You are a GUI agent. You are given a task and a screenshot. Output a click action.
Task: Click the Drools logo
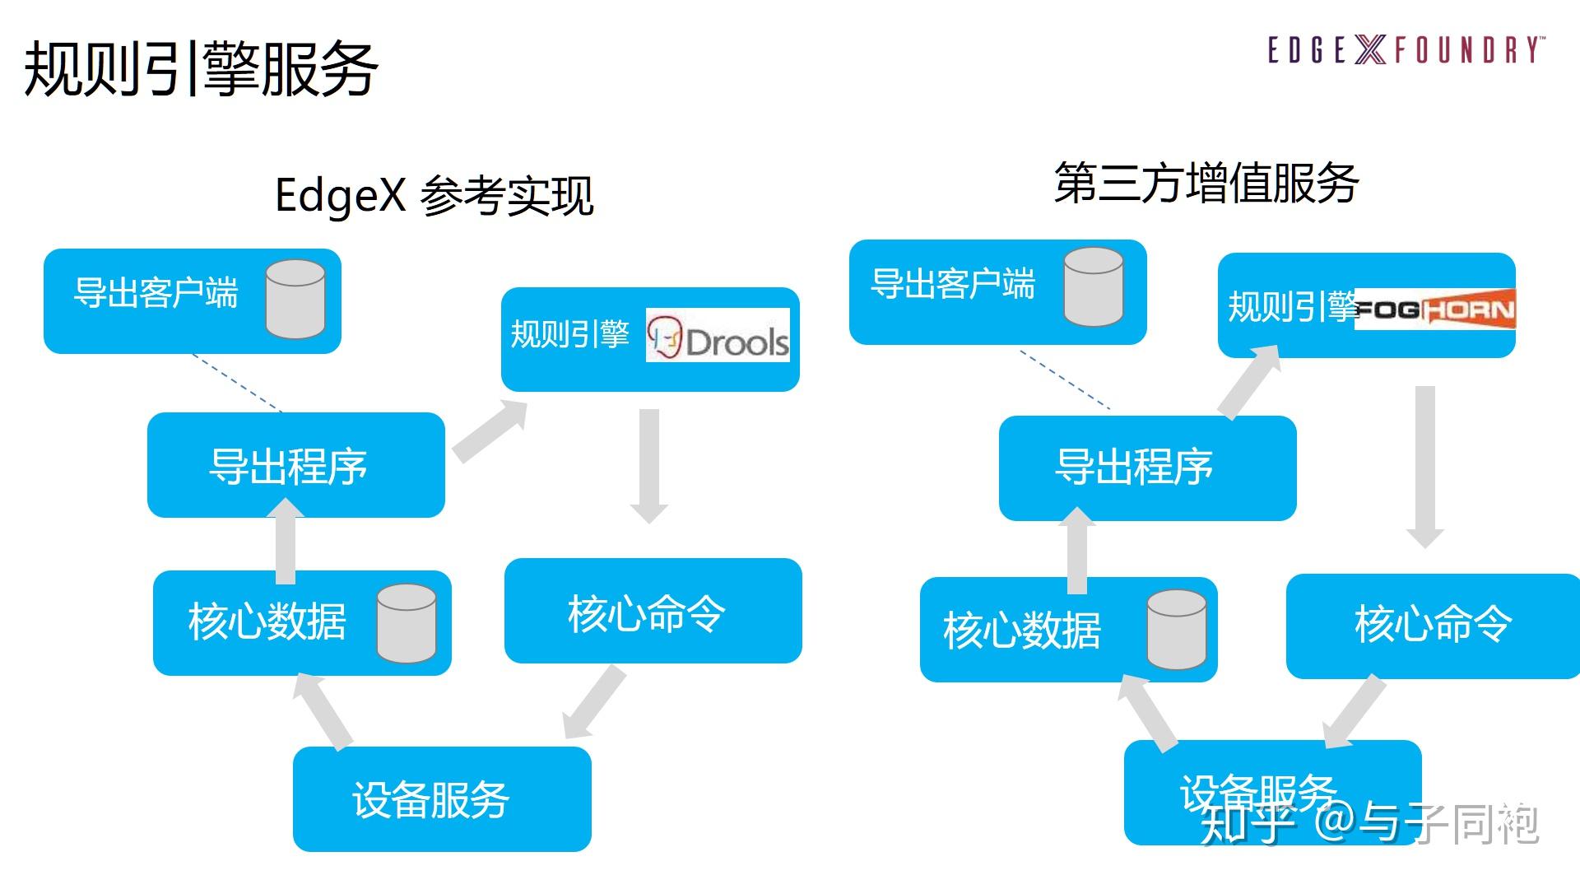[x=718, y=335]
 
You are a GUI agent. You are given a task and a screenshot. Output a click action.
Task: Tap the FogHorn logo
[x=1434, y=310]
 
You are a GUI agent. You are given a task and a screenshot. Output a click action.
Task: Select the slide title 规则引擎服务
[x=202, y=69]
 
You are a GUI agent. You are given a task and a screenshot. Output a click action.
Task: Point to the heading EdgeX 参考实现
[x=434, y=196]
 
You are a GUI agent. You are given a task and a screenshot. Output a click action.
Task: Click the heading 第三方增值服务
[x=1206, y=183]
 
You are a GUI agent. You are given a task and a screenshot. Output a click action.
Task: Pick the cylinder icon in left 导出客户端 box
[x=295, y=299]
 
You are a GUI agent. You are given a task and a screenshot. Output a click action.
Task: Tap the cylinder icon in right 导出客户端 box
[x=1094, y=287]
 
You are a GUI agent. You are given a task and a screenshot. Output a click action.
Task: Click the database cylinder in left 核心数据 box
[x=407, y=623]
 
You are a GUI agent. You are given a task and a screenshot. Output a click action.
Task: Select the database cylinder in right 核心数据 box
[x=1177, y=630]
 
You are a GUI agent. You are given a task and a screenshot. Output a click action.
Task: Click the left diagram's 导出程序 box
[x=296, y=465]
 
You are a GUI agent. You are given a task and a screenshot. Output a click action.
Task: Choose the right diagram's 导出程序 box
[x=1147, y=468]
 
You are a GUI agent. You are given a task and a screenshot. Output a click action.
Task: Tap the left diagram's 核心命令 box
[x=653, y=611]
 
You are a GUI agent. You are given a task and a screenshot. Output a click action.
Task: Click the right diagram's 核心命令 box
[x=1433, y=626]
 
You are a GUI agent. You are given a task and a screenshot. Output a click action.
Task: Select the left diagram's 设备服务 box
[x=442, y=798]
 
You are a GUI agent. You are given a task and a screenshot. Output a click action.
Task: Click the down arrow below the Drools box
[x=649, y=466]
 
